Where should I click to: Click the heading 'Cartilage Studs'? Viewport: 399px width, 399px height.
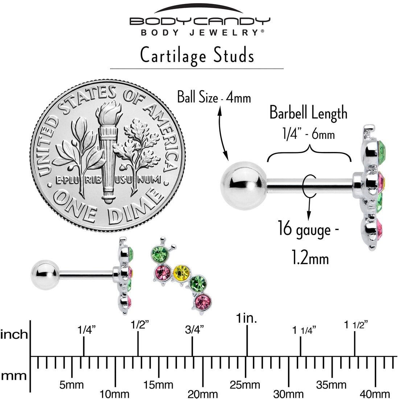pos(197,55)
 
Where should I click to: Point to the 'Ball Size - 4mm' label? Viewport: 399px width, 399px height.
pos(214,98)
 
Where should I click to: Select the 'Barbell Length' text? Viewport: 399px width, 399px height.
pos(308,113)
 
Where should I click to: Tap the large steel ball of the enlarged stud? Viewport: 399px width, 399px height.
pos(243,186)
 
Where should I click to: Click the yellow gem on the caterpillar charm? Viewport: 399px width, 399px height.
pos(181,273)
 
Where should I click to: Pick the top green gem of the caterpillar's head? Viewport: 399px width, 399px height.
pos(160,254)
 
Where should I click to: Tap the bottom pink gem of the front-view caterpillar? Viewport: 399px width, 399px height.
pos(203,302)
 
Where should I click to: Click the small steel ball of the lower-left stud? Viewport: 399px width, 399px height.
pos(45,275)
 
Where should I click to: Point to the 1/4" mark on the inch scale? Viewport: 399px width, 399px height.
pos(87,330)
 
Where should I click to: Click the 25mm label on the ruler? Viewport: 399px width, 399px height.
pos(245,385)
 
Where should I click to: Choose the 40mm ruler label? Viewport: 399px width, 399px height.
pos(375,394)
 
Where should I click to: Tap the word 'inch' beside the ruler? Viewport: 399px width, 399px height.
pos(14,334)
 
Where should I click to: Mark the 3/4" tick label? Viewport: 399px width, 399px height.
pos(194,330)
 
